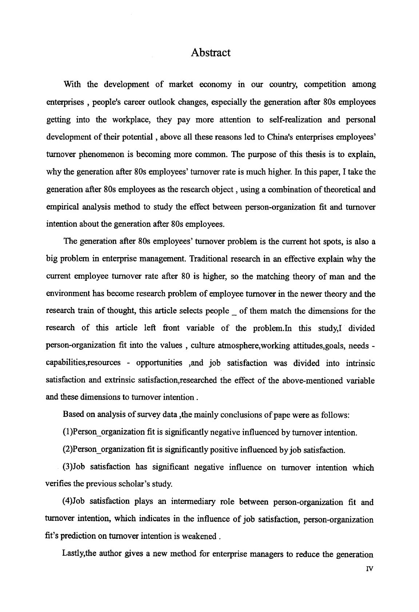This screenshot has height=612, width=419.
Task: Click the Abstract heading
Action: [x=211, y=53]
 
